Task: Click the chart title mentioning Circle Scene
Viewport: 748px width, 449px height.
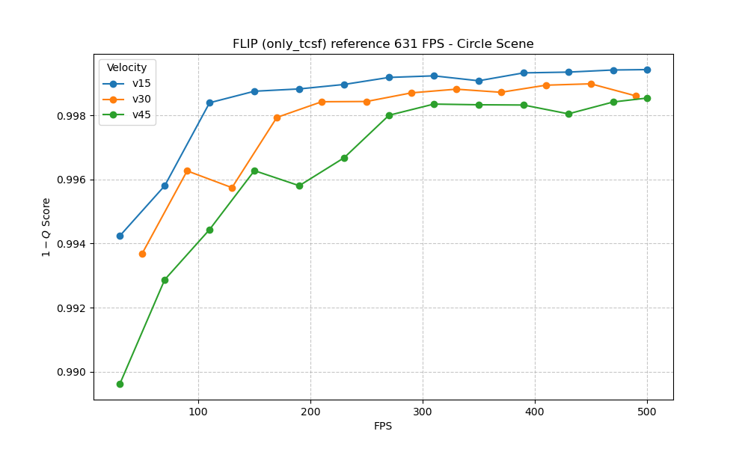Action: [x=383, y=44]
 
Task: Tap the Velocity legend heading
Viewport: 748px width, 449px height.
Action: [x=126, y=68]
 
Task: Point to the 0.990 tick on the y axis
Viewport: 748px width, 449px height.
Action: [x=73, y=373]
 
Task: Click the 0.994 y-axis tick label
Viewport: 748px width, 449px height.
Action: [x=73, y=244]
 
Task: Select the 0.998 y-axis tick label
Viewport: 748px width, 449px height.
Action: [x=73, y=116]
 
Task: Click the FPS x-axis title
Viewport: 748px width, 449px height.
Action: [x=383, y=427]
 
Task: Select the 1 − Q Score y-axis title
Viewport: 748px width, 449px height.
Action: [x=46, y=227]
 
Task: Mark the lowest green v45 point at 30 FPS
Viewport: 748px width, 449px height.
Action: [x=120, y=384]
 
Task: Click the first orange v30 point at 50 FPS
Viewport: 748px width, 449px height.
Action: [x=142, y=254]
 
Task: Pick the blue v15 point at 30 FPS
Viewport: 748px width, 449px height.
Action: [x=120, y=236]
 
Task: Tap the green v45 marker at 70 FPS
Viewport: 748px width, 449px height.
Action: [x=165, y=280]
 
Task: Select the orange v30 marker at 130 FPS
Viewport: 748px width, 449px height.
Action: [x=232, y=188]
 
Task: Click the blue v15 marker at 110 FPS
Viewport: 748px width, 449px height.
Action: [x=209, y=103]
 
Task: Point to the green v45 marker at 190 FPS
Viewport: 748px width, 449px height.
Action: [x=299, y=186]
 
